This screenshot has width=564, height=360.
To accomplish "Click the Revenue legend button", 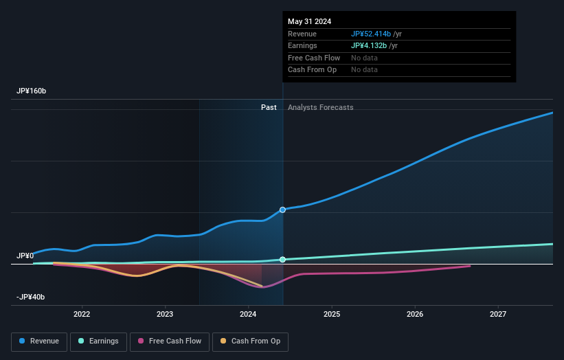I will [39, 341].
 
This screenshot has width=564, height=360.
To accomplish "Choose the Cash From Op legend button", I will [251, 341].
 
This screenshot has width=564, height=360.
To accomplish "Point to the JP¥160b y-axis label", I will [32, 91].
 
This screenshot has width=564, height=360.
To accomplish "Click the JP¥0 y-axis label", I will [25, 256].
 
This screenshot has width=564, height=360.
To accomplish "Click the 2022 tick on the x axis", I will [82, 314].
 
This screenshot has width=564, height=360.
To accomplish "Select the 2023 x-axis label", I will [165, 314].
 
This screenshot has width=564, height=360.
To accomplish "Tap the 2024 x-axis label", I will [248, 314].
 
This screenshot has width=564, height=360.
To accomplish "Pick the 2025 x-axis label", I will [332, 314].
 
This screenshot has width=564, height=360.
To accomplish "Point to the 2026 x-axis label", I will [415, 314].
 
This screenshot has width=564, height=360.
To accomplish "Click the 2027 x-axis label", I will [498, 314].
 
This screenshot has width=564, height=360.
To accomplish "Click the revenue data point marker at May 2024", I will [282, 210].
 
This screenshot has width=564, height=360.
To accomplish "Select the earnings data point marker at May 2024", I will [282, 260].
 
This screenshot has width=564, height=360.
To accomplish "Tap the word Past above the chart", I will [269, 107].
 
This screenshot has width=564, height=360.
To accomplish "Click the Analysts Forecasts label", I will [320, 107].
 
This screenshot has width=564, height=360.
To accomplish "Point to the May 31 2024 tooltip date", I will [309, 21].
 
